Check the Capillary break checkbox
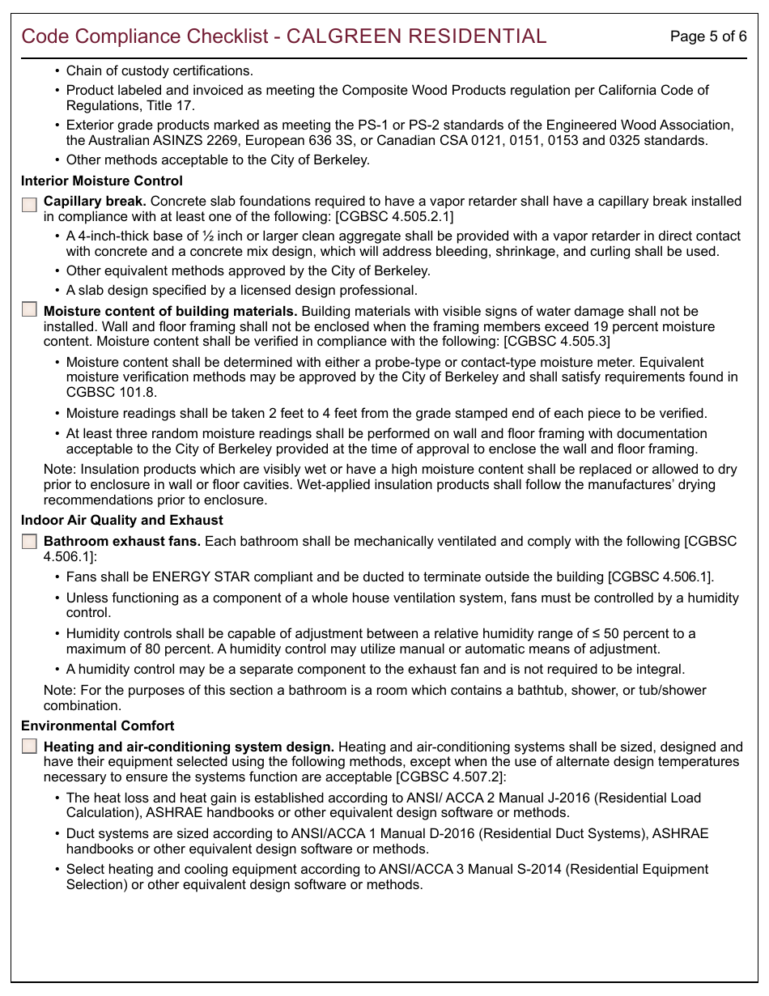(30, 204)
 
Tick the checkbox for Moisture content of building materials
(30, 309)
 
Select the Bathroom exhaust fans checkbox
(30, 541)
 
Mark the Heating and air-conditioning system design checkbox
(30, 747)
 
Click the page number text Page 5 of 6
(708, 36)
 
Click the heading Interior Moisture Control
(102, 181)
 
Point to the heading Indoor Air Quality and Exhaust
(122, 521)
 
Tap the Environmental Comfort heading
(98, 726)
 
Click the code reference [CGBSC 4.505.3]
(557, 342)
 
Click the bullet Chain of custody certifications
(159, 71)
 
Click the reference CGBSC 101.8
(100, 392)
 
